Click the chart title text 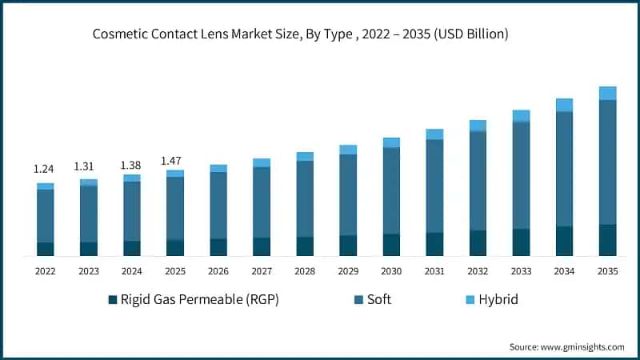point(300,34)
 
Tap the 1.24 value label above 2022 point(44,170)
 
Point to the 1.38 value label point(130,165)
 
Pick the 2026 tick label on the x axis point(218,272)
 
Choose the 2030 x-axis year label point(391,272)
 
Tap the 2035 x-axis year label point(607,272)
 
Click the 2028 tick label point(305,272)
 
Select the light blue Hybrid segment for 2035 point(608,93)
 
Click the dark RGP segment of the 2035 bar point(608,240)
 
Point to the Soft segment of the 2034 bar point(565,169)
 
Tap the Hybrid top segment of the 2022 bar point(46,186)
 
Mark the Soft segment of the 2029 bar point(348,194)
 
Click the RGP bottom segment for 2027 point(262,246)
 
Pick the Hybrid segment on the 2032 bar point(478,126)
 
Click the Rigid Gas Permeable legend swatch point(112,301)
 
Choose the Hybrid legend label point(498,300)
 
